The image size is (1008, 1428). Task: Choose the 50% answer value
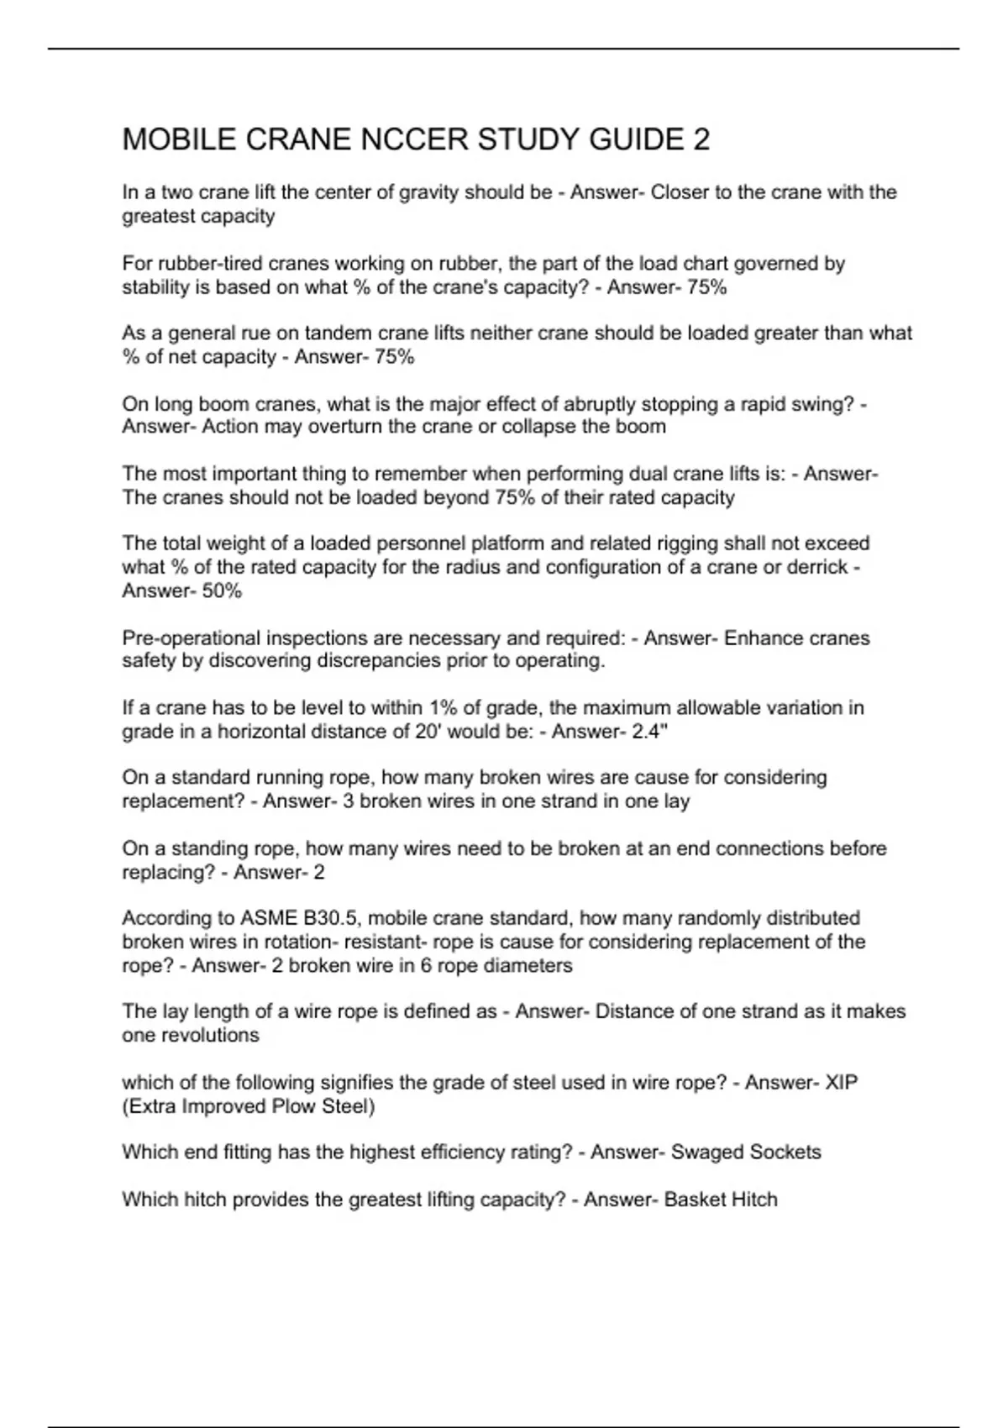[x=223, y=591]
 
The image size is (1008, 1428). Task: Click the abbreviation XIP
[x=842, y=1083]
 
